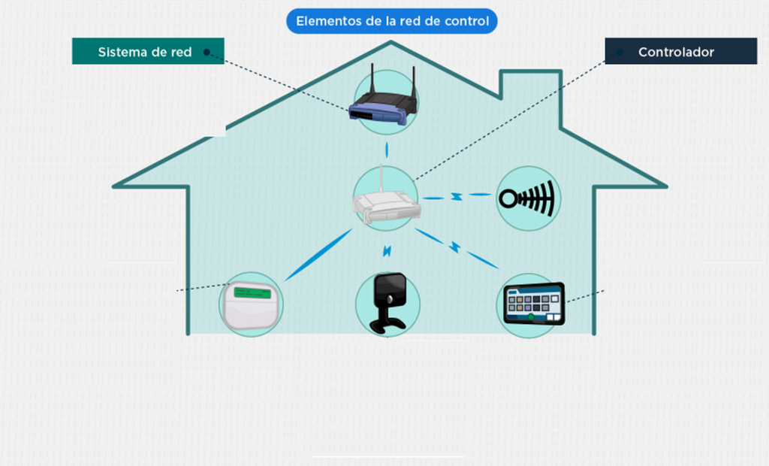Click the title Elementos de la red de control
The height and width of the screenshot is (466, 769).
(x=392, y=21)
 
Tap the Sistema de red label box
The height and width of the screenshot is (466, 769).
(x=148, y=51)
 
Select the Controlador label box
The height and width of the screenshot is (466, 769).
(x=680, y=51)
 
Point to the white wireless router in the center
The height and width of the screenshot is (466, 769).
(x=387, y=204)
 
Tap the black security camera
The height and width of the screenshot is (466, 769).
(x=388, y=303)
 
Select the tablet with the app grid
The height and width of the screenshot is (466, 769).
(x=534, y=304)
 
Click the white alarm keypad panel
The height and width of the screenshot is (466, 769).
(x=252, y=305)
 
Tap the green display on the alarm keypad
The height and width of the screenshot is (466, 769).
(x=252, y=293)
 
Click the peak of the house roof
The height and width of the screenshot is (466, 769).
(x=391, y=42)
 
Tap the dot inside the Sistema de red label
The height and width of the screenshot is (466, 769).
(x=207, y=52)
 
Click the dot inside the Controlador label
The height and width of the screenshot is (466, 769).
(x=620, y=52)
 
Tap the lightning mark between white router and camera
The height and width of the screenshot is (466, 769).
(x=387, y=251)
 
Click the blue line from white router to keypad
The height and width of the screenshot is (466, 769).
(x=318, y=254)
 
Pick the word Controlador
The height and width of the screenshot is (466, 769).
(x=677, y=52)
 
